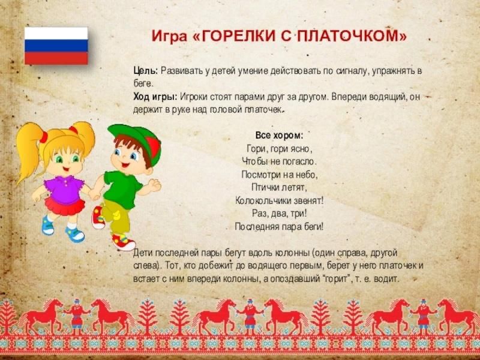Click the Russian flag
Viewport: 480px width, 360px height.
point(56,46)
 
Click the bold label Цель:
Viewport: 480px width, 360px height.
point(146,71)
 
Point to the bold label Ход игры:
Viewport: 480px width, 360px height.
point(155,97)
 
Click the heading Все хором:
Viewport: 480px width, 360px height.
point(279,136)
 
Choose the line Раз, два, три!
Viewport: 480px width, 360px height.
point(279,213)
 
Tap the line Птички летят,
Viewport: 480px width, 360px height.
point(279,187)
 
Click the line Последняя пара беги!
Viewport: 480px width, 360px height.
point(279,227)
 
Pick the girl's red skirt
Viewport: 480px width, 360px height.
point(65,206)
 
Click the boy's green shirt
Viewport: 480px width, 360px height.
point(122,189)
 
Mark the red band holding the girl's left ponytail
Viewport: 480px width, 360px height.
point(44,137)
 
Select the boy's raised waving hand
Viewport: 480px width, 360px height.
point(154,185)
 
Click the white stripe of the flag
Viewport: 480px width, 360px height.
point(56,34)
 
